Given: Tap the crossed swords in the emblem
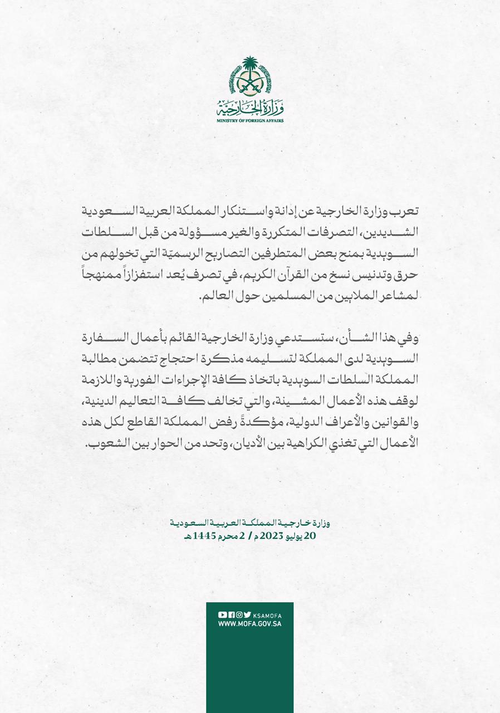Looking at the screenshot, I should click(250, 85).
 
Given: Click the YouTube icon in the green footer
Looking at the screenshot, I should click(222, 614).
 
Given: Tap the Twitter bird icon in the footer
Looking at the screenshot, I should click(247, 614).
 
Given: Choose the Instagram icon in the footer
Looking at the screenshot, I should click(239, 614).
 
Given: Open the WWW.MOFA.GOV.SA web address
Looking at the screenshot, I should click(249, 624).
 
